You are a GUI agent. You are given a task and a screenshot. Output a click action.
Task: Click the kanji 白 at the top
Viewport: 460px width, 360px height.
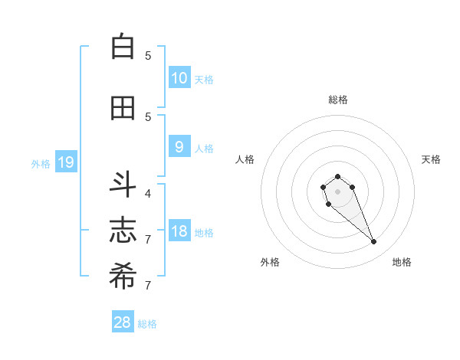pyautogui.click(x=123, y=47)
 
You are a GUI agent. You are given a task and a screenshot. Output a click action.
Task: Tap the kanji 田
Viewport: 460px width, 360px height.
pyautogui.click(x=123, y=108)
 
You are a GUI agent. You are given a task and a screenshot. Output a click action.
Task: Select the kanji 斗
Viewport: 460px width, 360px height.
pyautogui.click(x=123, y=185)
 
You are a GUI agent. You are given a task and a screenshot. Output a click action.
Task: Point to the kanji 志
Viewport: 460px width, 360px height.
pyautogui.click(x=123, y=231)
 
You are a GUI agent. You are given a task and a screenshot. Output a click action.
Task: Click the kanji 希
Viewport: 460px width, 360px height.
pyautogui.click(x=123, y=277)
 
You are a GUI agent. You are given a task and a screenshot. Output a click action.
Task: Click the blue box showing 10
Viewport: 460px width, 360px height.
pyautogui.click(x=179, y=78)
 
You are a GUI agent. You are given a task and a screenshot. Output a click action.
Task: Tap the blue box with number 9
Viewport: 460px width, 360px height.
pyautogui.click(x=179, y=147)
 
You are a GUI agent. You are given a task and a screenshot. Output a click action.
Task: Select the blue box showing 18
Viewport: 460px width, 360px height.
pyautogui.click(x=179, y=231)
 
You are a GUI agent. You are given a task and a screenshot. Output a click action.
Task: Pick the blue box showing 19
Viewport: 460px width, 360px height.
pyautogui.click(x=65, y=162)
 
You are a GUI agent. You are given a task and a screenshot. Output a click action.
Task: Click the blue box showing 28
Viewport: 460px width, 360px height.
pyautogui.click(x=123, y=322)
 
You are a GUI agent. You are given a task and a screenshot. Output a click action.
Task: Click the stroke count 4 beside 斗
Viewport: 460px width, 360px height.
pyautogui.click(x=148, y=193)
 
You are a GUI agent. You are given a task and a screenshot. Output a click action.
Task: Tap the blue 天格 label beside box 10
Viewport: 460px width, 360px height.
pyautogui.click(x=204, y=79)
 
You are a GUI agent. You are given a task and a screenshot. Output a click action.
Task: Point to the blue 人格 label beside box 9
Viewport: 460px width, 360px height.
pyautogui.click(x=204, y=148)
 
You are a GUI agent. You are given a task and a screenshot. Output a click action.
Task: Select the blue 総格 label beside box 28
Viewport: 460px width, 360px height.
pyautogui.click(x=147, y=324)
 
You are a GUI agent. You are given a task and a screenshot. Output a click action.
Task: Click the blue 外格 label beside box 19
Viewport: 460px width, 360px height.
pyautogui.click(x=41, y=163)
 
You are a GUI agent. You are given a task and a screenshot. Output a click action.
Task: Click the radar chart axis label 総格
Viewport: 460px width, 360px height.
pyautogui.click(x=338, y=100)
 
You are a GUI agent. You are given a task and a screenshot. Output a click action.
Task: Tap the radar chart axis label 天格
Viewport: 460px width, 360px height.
pyautogui.click(x=431, y=159)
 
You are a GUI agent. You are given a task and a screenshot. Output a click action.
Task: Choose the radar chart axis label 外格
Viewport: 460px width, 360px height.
pyautogui.click(x=270, y=262)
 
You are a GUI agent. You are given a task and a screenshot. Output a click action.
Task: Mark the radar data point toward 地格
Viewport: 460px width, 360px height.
pyautogui.click(x=374, y=242)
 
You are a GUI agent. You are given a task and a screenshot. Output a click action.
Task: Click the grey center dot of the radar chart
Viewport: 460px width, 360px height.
pyautogui.click(x=337, y=191)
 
